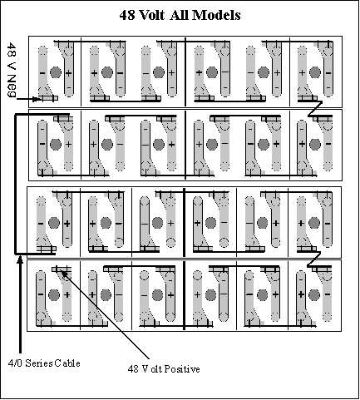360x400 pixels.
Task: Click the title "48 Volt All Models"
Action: click(x=180, y=15)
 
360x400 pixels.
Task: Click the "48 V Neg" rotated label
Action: click(x=11, y=70)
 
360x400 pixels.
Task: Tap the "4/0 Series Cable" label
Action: click(x=44, y=363)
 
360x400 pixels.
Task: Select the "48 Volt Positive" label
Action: click(x=164, y=369)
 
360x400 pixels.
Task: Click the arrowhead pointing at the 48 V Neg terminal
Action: click(x=36, y=99)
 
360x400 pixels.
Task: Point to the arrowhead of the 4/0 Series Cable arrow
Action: click(x=20, y=260)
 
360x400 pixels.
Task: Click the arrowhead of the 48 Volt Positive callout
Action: click(x=63, y=273)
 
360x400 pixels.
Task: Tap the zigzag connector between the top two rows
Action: click(x=315, y=109)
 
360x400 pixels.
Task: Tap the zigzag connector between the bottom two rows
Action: click(x=313, y=259)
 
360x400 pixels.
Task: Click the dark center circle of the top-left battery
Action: click(x=56, y=72)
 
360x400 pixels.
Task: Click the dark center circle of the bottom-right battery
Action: click(x=314, y=294)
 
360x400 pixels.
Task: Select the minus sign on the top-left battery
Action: click(x=42, y=73)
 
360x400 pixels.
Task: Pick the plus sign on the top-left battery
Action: click(x=68, y=73)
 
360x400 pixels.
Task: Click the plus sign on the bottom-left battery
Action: click(x=67, y=294)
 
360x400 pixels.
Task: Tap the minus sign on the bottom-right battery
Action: click(x=328, y=294)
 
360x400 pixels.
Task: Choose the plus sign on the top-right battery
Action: click(x=302, y=73)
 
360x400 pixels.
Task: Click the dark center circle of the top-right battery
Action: click(x=315, y=72)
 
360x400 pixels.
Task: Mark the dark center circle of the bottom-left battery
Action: click(x=54, y=295)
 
